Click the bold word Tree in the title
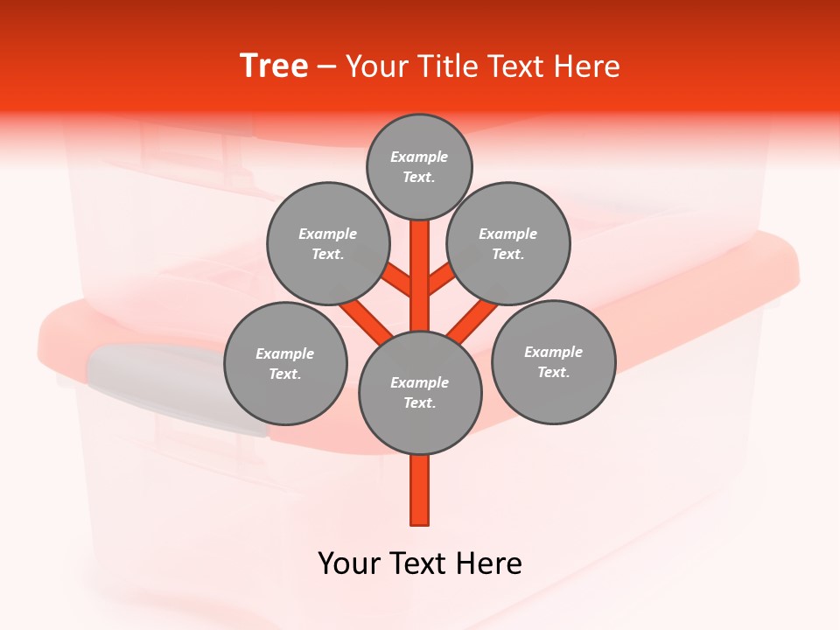pyautogui.click(x=274, y=66)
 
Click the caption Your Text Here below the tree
pyautogui.click(x=420, y=563)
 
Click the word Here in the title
pyautogui.click(x=587, y=66)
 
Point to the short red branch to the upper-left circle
pyautogui.click(x=398, y=281)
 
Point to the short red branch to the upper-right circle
pyautogui.click(x=441, y=281)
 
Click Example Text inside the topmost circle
pyautogui.click(x=419, y=166)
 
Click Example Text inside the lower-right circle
pyautogui.click(x=554, y=361)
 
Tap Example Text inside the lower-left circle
pyautogui.click(x=285, y=363)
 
